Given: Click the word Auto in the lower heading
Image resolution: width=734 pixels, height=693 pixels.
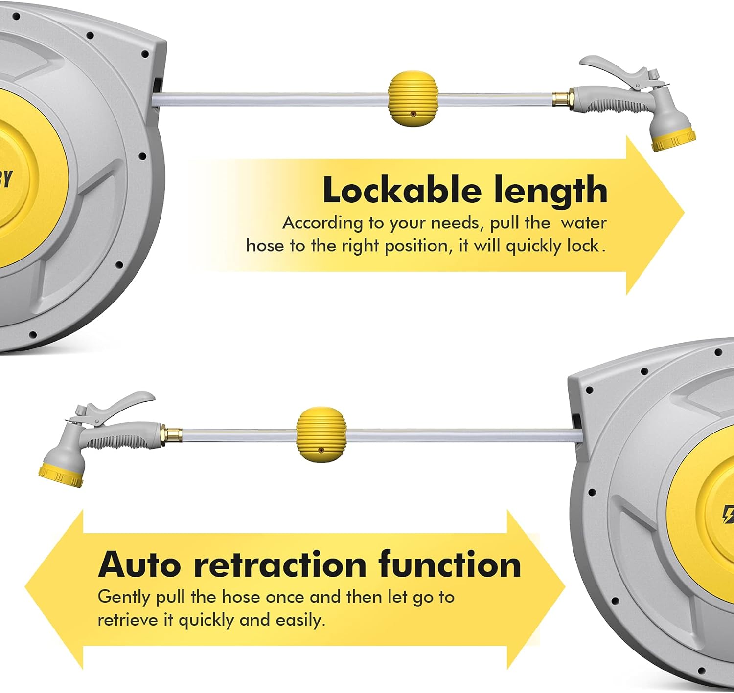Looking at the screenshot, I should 139,565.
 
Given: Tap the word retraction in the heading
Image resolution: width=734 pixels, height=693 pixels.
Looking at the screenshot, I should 280,565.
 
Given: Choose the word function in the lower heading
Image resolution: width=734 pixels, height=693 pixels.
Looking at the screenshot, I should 450,565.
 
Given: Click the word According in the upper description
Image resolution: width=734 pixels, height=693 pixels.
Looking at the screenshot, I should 323,223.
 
